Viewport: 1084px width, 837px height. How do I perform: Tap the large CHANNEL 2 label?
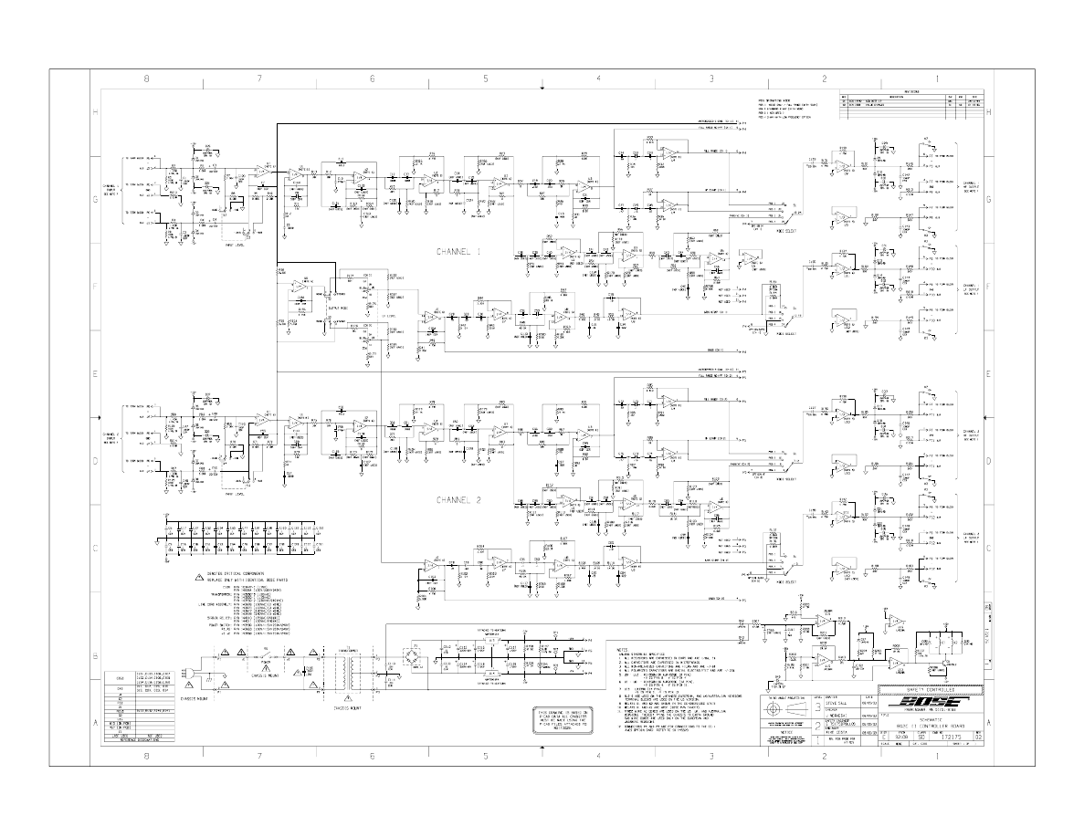tap(459, 500)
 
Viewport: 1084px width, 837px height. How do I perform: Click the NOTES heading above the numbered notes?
tap(622, 644)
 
